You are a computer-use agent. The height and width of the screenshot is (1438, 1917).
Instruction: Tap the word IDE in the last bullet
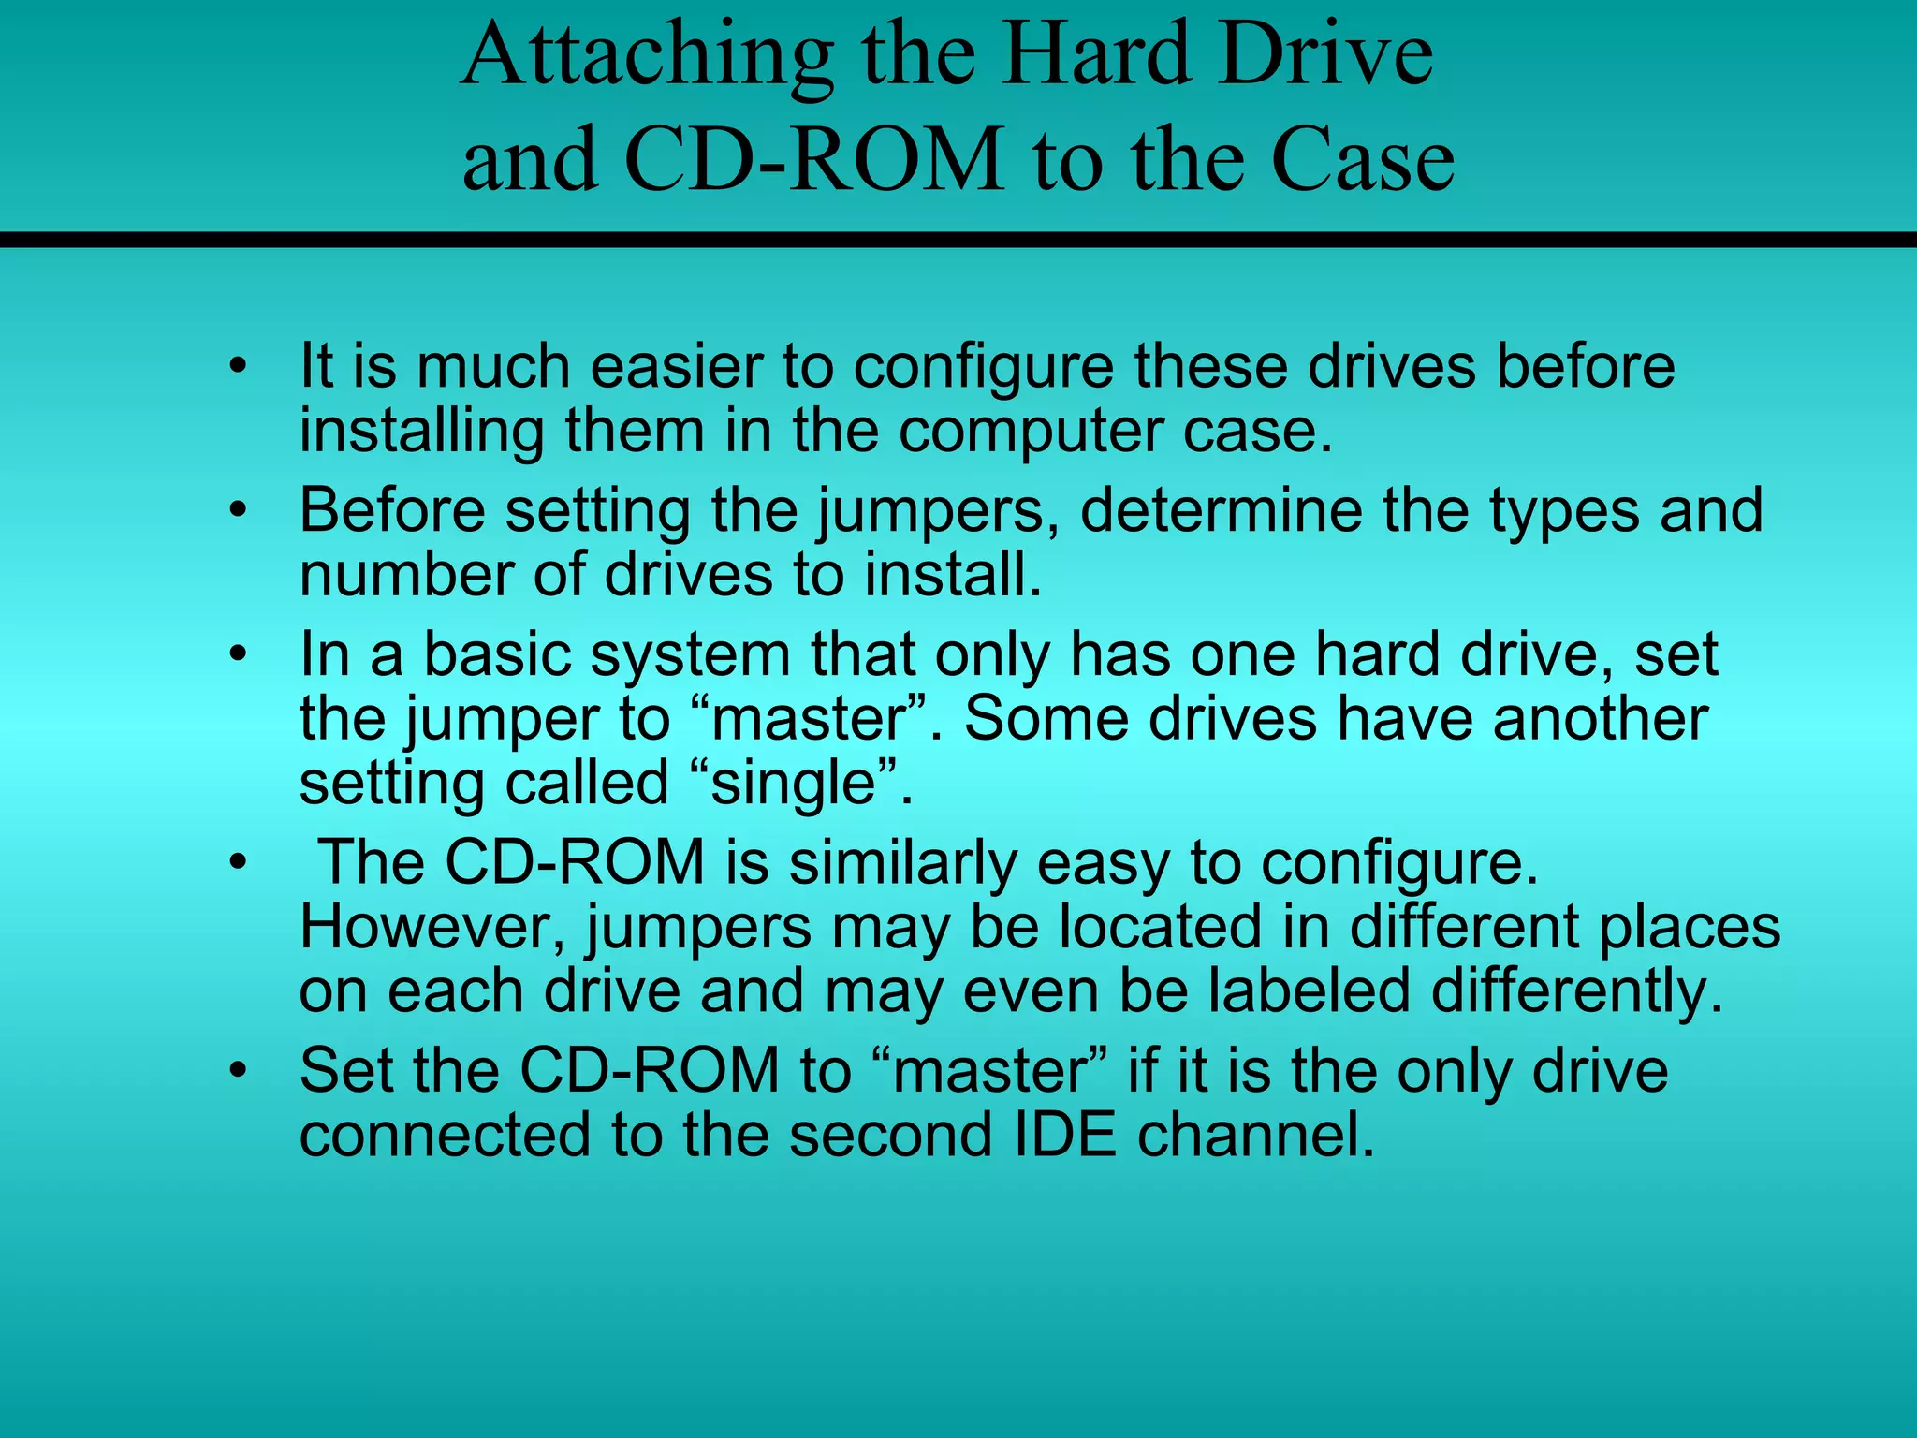click(x=1065, y=1136)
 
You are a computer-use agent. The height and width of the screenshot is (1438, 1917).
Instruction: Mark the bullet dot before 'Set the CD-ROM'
click(x=239, y=1071)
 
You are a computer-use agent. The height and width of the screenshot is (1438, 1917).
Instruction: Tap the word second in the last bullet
click(x=890, y=1136)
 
